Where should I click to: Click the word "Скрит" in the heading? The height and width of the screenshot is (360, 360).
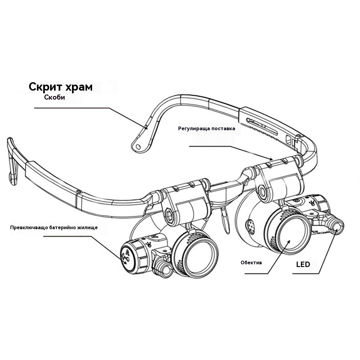45,87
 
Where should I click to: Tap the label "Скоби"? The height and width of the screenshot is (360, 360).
55,97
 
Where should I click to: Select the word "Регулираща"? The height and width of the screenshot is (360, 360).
194,129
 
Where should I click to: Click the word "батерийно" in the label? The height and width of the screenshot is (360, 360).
60,227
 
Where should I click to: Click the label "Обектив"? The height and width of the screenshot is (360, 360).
251,262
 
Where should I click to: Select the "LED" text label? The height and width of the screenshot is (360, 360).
303,265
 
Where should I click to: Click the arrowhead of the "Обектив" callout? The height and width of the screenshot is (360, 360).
289,242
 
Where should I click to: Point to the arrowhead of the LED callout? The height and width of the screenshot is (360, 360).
336,230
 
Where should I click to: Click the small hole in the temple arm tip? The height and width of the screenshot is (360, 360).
138,146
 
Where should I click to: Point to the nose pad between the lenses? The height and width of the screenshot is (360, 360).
225,220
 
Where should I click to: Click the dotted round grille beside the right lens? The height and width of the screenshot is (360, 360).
250,226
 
